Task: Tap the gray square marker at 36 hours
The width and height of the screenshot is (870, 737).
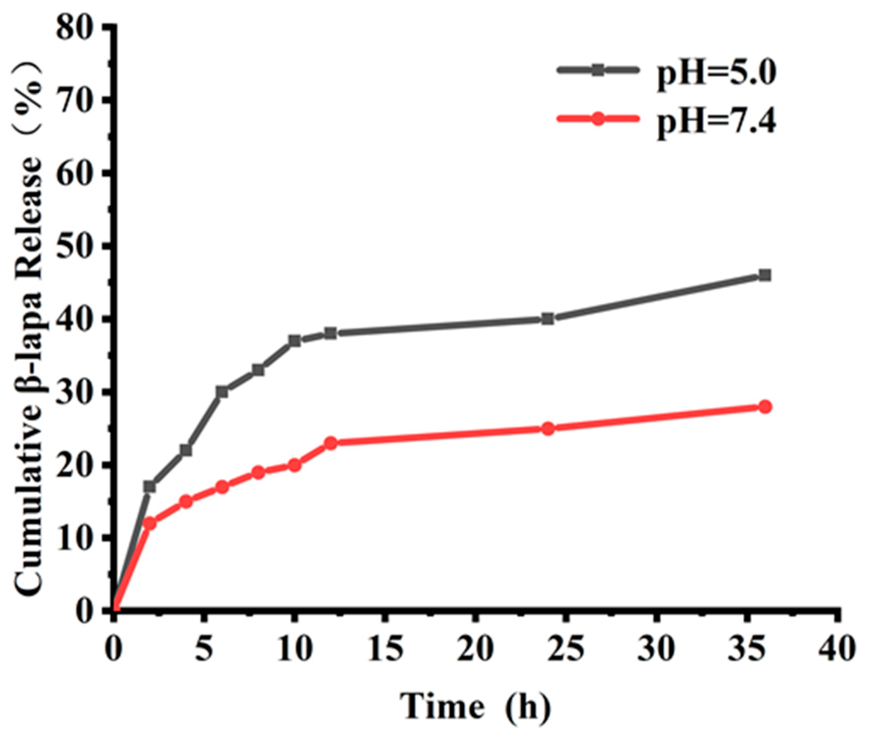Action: [764, 275]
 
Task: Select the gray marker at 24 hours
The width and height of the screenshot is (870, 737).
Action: [547, 319]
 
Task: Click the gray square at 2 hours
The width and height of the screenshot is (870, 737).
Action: [150, 487]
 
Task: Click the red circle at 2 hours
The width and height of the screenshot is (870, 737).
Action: [150, 523]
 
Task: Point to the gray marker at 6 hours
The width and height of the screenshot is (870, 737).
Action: [222, 392]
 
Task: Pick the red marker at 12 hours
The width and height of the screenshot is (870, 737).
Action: [331, 443]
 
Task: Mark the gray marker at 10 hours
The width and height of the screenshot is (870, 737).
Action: [294, 341]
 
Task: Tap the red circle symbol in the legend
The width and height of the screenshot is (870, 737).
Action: [598, 119]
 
